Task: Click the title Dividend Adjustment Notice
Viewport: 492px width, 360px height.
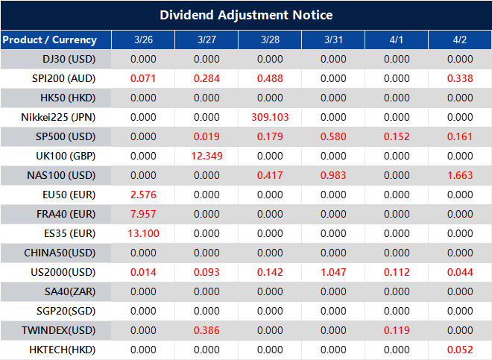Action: pos(246,15)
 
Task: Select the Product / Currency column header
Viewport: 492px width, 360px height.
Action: pos(49,40)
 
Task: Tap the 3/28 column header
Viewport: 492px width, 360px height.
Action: pos(270,40)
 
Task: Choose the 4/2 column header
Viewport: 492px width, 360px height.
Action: pos(460,40)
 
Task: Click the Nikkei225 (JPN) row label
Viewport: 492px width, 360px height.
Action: pos(58,117)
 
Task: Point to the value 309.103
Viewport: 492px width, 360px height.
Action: pos(270,117)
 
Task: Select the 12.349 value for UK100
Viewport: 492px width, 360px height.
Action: pos(206,156)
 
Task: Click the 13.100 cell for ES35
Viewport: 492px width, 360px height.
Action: pos(143,233)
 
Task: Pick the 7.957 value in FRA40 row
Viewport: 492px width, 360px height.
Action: pos(143,214)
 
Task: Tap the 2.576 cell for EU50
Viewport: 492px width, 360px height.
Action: pos(143,195)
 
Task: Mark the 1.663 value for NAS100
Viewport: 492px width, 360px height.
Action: pos(460,175)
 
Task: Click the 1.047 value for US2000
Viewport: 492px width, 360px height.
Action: pos(333,272)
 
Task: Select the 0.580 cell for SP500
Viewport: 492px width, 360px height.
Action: pos(333,136)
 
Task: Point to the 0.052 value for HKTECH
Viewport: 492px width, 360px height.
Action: pos(460,350)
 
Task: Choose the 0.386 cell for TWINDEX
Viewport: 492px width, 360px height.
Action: pos(206,330)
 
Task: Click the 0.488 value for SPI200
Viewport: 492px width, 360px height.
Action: pos(270,78)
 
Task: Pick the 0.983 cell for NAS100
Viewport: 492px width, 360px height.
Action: pos(333,175)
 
